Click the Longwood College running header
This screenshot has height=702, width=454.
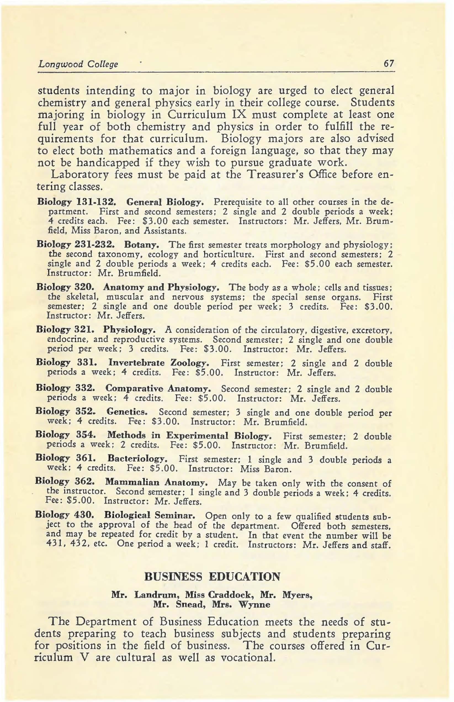78,64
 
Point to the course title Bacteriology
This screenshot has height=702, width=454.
138,459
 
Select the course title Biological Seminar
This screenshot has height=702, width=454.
150,515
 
